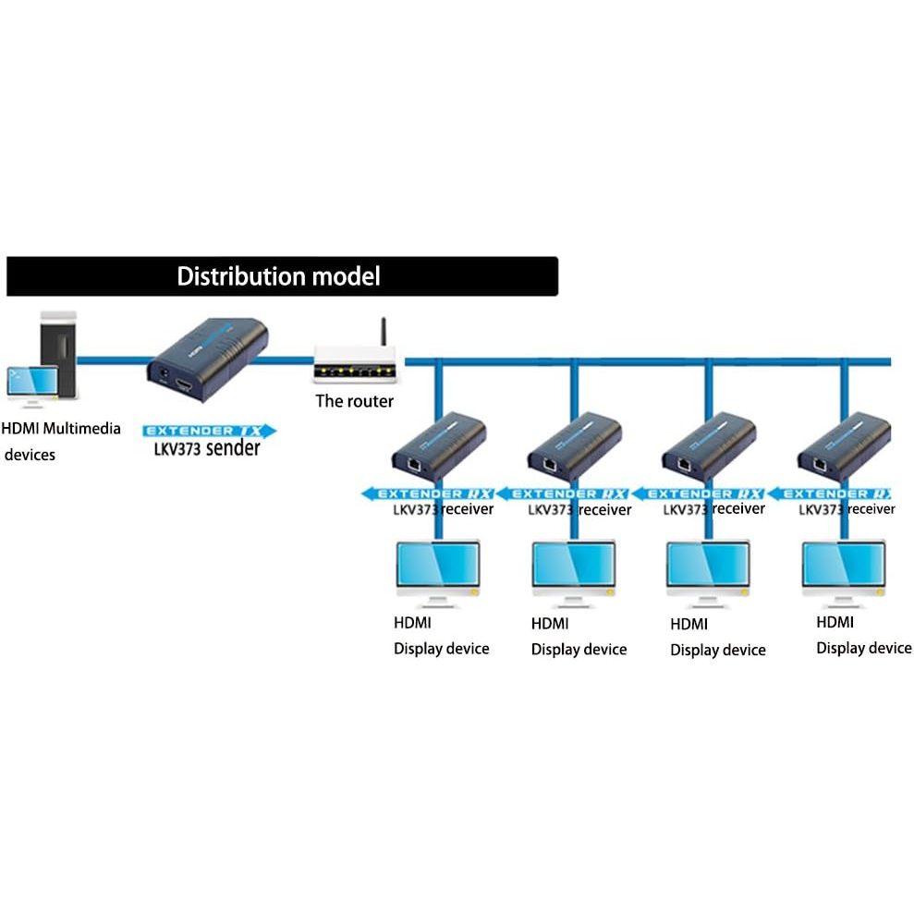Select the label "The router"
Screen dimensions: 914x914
click(354, 401)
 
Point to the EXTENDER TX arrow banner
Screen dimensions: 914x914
click(209, 431)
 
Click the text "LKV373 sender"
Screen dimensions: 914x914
click(207, 449)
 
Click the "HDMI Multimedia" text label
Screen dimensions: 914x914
click(61, 429)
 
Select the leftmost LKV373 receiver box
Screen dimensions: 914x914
click(439, 446)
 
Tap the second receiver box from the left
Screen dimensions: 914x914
click(574, 446)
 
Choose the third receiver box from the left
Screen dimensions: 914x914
click(710, 446)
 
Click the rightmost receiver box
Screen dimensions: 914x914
click(844, 446)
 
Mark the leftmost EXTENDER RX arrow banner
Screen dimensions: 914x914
click(427, 494)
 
